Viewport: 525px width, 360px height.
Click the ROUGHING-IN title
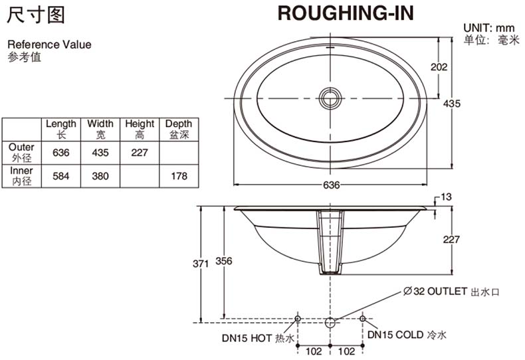346,13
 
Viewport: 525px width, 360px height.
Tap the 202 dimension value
439,67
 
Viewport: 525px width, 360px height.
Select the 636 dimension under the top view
331,185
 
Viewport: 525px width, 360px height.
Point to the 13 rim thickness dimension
446,197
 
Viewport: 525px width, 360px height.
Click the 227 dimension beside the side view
451,239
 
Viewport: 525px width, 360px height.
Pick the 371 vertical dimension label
201,264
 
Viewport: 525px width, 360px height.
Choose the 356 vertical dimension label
224,260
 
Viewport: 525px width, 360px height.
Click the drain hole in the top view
330,98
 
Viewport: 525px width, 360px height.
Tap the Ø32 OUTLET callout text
451,292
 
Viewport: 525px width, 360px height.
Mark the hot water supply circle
297,319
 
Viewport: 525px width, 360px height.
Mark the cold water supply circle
363,319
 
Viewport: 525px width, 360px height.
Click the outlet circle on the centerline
330,323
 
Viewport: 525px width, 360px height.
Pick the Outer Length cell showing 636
61,153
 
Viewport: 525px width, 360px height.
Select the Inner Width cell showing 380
100,176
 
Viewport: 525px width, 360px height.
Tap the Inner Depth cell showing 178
179,176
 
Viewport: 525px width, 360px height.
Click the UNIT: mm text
489,27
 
